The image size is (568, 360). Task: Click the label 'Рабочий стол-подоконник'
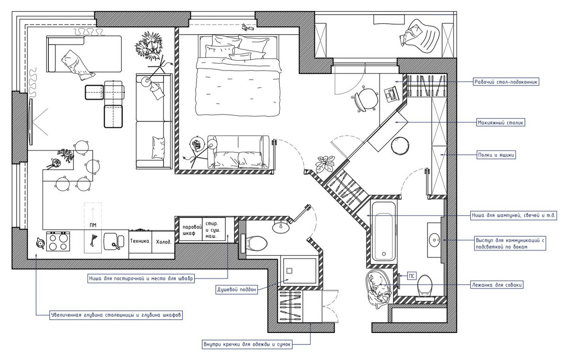pos(506,82)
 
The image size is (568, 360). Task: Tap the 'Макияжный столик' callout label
pos(500,123)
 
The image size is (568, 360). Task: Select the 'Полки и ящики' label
pos(496,155)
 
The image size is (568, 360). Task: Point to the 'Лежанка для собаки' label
pos(497,285)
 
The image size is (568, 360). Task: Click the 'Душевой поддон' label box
pos(237,289)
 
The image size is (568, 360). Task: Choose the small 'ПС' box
pos(411,276)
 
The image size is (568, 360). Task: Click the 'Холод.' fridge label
pos(163,242)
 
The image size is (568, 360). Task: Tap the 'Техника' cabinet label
pos(140,241)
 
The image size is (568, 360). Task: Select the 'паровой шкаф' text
pos(192,230)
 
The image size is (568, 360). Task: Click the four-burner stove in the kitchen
pos(58,241)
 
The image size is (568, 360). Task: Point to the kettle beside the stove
pos(40,243)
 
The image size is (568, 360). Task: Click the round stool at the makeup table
pos(400,146)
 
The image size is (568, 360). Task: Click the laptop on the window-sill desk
pos(391,94)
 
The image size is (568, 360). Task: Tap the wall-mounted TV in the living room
pos(31,122)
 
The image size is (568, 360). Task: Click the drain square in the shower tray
pos(290,270)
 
